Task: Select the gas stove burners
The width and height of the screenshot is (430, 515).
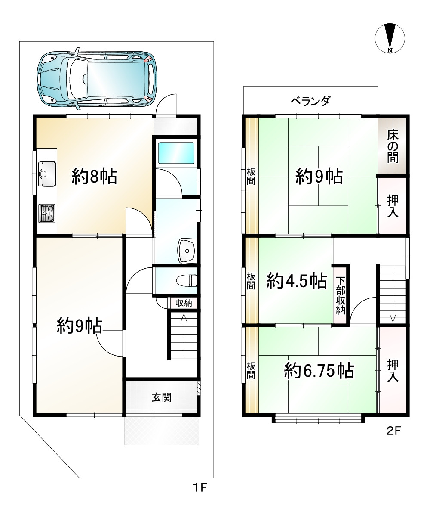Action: (x=47, y=213)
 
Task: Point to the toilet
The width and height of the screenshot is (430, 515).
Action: (x=187, y=281)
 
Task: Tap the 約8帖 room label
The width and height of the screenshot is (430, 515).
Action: (x=94, y=177)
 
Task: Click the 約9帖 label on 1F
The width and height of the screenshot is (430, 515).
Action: (x=79, y=326)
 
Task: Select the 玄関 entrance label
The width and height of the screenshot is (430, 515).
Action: (x=161, y=397)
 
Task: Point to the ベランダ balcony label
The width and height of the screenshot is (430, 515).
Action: (x=310, y=101)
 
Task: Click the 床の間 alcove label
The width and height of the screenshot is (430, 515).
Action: (x=392, y=146)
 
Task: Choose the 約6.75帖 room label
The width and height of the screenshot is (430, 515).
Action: (x=319, y=370)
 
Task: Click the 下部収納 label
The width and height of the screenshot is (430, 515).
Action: (x=341, y=296)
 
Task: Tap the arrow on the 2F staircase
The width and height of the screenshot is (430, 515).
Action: (x=393, y=317)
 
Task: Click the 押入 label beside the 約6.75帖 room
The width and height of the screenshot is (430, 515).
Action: (x=392, y=370)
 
